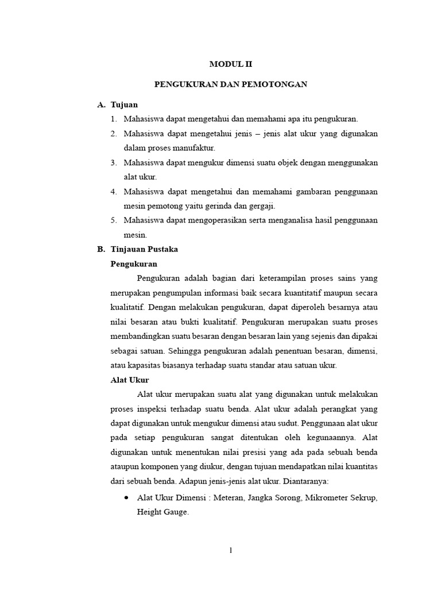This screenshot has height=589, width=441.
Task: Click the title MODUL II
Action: click(x=231, y=65)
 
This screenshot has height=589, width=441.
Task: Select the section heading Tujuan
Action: click(x=124, y=105)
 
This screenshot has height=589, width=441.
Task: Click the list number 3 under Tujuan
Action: click(x=114, y=163)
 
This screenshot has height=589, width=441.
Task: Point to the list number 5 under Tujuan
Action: click(x=114, y=220)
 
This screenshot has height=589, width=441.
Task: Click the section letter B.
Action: click(x=100, y=249)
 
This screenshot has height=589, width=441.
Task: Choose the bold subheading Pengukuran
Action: click(x=133, y=263)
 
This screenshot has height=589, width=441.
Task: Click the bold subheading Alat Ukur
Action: click(x=129, y=380)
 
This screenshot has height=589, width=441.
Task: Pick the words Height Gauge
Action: click(x=162, y=512)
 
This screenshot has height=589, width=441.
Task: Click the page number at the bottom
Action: click(x=231, y=550)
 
